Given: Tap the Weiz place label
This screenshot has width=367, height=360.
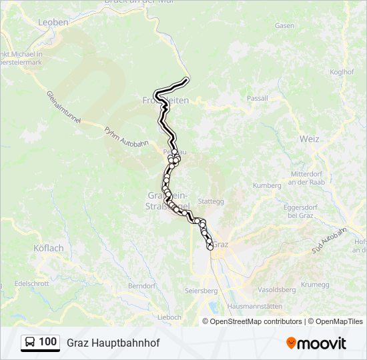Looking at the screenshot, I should [x=309, y=139].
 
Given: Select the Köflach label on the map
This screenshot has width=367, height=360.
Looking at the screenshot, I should [x=48, y=248].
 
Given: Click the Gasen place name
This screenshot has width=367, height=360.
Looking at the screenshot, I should [x=284, y=25].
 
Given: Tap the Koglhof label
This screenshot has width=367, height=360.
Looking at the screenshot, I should [x=342, y=72].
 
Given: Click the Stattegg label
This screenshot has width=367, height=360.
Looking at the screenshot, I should [x=211, y=200].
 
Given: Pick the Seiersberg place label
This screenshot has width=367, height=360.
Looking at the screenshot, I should [x=201, y=291].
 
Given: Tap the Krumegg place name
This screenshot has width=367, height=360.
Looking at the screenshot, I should [x=315, y=285].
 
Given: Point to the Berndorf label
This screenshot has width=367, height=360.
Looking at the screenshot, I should [x=141, y=285].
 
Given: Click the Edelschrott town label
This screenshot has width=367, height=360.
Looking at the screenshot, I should [x=33, y=283].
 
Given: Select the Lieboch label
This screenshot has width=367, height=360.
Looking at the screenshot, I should [x=169, y=317].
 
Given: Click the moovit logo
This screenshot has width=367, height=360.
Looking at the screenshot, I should [x=316, y=343].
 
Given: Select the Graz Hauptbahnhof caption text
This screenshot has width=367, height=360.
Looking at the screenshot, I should [x=113, y=343].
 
